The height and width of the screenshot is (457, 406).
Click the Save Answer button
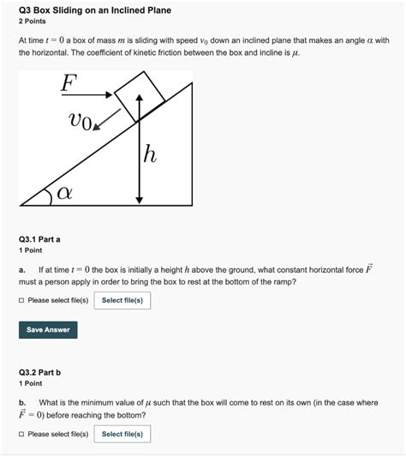[47, 329]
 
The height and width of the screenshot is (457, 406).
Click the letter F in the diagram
[68, 83]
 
